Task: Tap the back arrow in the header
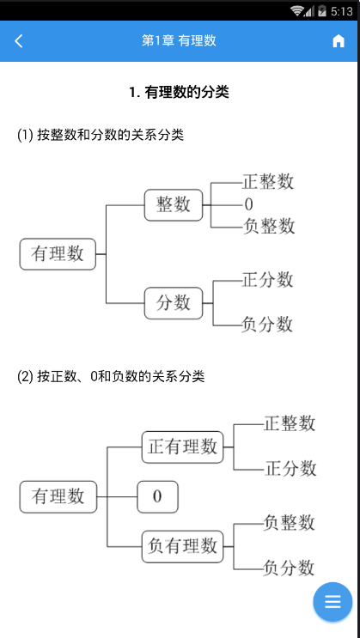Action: pos(20,41)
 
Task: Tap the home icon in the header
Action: pos(339,41)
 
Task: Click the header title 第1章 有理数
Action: pos(179,41)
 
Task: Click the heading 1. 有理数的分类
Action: pos(179,92)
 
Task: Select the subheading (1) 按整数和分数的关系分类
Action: pos(101,135)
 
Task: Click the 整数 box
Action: pos(173,204)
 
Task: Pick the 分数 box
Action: pos(173,302)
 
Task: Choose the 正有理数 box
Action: pos(182,447)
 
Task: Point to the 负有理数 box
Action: pos(182,544)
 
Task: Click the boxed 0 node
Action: pos(157,496)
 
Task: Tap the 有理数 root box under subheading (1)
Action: pos(58,253)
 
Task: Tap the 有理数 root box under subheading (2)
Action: pos(58,496)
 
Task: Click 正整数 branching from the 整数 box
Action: pos(268,182)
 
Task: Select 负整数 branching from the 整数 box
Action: pos(268,226)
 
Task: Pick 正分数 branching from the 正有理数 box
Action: pos(290,469)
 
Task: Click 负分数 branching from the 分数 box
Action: pos(267,325)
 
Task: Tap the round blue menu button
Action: pos(333,601)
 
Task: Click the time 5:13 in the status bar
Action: pos(340,11)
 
